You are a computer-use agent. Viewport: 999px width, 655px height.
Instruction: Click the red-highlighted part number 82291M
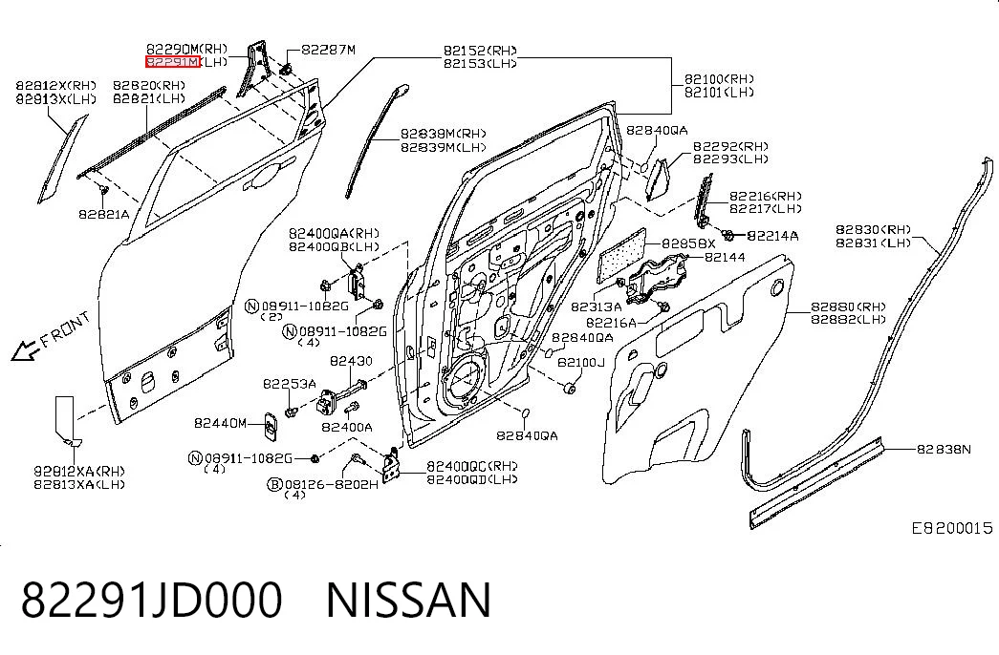coord(173,62)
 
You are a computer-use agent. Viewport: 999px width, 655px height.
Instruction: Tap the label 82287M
coord(328,50)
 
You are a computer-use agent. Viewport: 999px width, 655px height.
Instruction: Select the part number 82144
coord(725,257)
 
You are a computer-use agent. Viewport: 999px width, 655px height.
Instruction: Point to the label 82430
coord(351,361)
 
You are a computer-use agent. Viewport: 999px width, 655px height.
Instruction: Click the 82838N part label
coord(944,450)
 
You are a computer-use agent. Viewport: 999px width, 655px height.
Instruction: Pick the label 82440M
coord(220,423)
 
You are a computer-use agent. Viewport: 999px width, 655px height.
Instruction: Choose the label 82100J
coord(580,362)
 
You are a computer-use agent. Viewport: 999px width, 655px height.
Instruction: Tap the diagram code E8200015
coord(952,528)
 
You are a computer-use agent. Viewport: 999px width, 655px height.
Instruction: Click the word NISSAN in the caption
coord(408,600)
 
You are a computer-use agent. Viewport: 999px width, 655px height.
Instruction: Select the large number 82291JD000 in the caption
coord(152,600)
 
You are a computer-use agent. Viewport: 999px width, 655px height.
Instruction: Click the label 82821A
coord(104,214)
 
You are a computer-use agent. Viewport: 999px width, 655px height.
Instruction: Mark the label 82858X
coord(688,243)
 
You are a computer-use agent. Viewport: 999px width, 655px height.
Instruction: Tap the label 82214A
coord(772,236)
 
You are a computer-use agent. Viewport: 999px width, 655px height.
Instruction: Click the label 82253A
coord(290,384)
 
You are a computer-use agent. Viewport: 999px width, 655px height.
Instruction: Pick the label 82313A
coord(596,306)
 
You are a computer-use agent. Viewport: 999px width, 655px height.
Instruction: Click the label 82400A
coord(347,427)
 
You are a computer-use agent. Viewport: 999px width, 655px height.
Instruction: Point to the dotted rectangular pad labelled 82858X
coord(621,255)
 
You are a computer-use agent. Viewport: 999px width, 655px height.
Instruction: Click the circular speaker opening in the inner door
coord(464,383)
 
